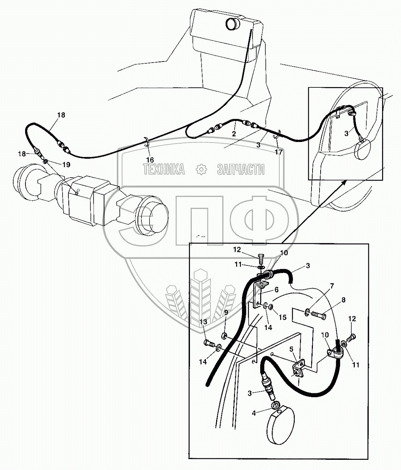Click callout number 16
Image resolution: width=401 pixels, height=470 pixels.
[x=150, y=159]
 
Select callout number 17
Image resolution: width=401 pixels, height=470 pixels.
[x=278, y=152]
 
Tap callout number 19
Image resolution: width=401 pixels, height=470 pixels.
[x=66, y=165]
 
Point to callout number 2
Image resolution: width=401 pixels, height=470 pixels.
[x=234, y=134]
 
